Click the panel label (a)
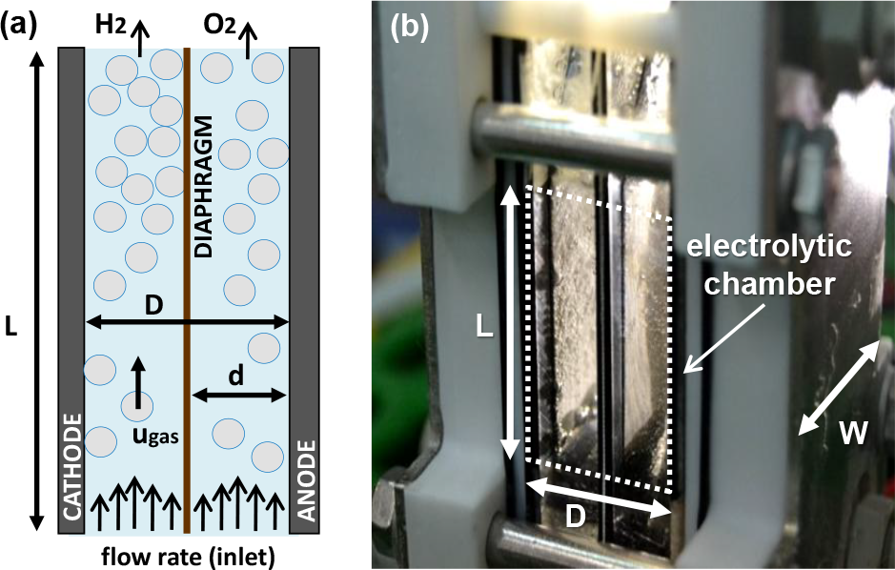coord(20,22)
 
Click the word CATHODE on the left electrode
coord(71,467)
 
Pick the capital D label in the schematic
coord(152,307)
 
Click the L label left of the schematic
coord(11,328)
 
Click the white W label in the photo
coord(853,434)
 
